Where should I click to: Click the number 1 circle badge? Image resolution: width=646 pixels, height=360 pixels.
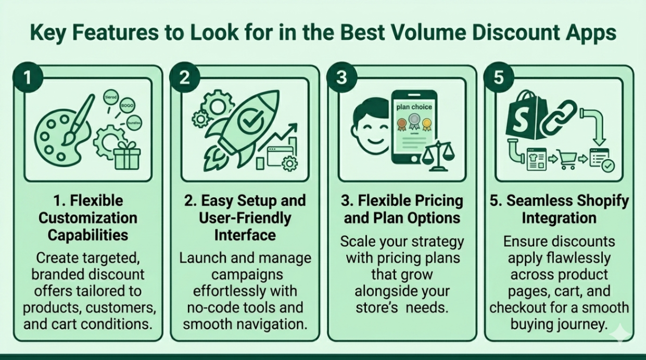pyautogui.click(x=28, y=78)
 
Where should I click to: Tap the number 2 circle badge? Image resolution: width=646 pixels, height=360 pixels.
pyautogui.click(x=184, y=78)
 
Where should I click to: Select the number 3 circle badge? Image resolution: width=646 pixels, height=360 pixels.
pyautogui.click(x=341, y=78)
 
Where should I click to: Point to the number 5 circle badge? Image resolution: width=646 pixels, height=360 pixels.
pyautogui.click(x=499, y=78)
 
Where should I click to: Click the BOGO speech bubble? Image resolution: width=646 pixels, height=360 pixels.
pyautogui.click(x=127, y=105)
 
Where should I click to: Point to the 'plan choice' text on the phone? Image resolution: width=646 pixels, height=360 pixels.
pyautogui.click(x=414, y=107)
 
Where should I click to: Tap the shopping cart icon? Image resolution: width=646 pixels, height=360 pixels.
pyautogui.click(x=567, y=158)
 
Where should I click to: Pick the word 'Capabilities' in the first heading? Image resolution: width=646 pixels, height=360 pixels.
pyautogui.click(x=88, y=235)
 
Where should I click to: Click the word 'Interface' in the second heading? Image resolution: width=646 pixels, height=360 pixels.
pyautogui.click(x=245, y=235)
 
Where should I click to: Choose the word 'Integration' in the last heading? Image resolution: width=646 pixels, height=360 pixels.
pyautogui.click(x=559, y=217)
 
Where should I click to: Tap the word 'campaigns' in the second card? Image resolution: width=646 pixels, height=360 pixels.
pyautogui.click(x=245, y=275)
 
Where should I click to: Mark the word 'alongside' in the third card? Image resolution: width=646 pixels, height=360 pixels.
pyautogui.click(x=402, y=291)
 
